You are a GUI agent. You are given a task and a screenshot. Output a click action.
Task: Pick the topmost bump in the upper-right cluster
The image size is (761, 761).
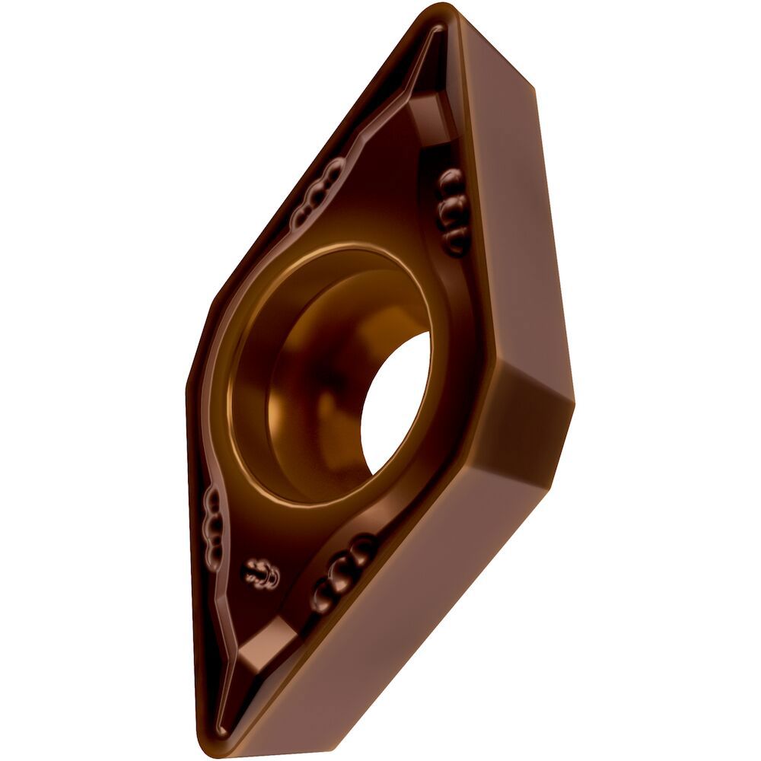coord(448,180)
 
